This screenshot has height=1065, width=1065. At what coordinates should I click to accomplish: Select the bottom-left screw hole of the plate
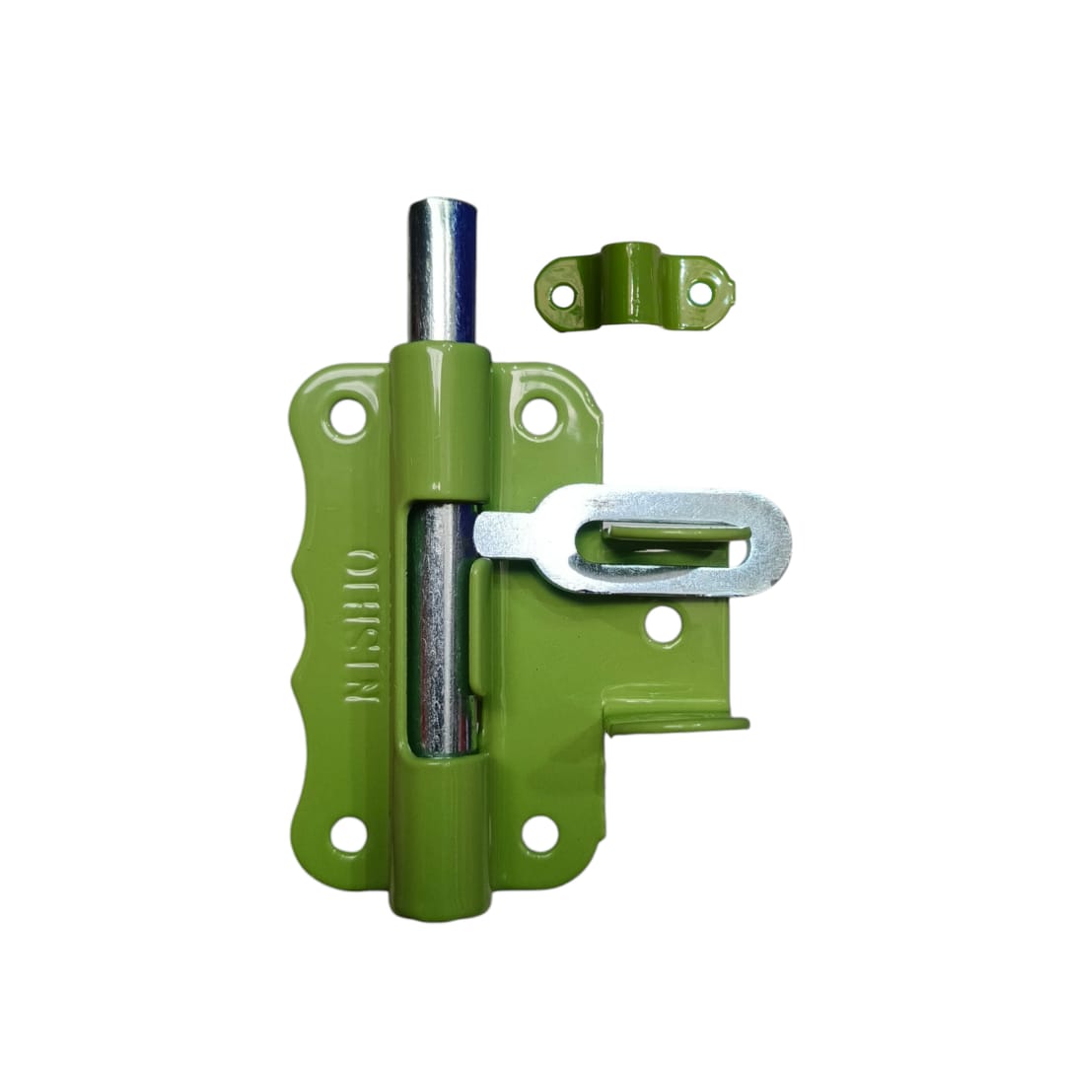coord(347,834)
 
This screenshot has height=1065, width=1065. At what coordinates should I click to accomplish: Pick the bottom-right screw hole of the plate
coord(538,834)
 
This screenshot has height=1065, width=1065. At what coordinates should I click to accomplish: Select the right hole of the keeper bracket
coord(699,292)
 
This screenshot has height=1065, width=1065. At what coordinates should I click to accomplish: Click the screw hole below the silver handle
coord(663,625)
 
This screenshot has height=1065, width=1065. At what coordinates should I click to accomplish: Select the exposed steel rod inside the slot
coord(439,631)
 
